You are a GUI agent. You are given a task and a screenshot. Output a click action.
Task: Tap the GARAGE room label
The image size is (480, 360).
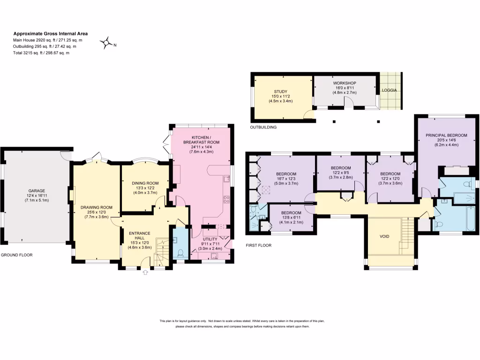(37, 191)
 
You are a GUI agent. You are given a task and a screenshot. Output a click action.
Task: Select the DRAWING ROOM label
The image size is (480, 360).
(97, 207)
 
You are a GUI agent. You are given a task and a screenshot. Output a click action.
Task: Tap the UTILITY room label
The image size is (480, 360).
(210, 239)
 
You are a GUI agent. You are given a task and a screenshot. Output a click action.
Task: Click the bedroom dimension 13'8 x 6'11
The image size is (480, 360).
(291, 217)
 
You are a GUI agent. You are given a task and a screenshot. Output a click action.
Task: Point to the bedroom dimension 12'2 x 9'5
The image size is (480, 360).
(341, 172)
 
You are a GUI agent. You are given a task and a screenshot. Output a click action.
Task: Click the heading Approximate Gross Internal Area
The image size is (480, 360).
(50, 34)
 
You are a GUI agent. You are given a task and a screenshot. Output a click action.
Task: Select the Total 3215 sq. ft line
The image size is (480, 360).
(41, 53)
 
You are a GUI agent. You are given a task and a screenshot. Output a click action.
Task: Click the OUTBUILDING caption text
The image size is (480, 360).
(263, 127)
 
